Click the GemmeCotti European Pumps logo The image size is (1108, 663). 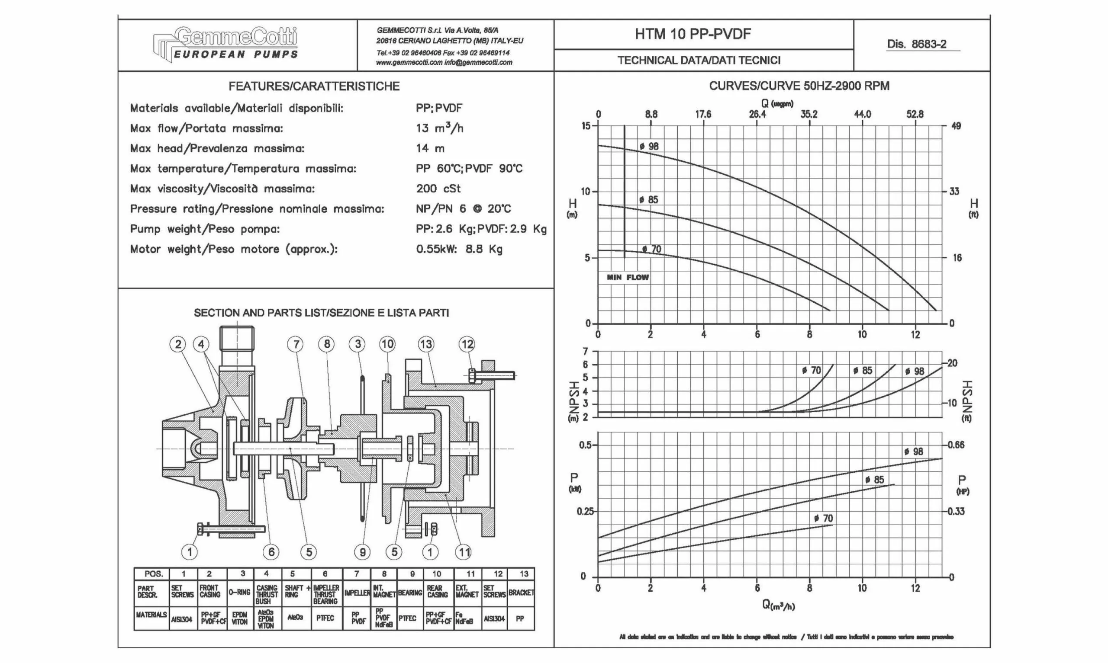(x=226, y=45)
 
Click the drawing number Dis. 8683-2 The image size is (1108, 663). (x=916, y=44)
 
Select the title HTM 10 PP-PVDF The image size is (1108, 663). (x=693, y=34)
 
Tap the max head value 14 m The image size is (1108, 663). (x=430, y=148)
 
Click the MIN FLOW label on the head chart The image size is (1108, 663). (x=628, y=278)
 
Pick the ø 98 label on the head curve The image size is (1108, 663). (x=649, y=147)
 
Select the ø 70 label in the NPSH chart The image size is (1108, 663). (x=811, y=370)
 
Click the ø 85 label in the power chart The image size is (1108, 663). (x=874, y=480)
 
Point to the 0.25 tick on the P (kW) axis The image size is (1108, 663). (x=585, y=511)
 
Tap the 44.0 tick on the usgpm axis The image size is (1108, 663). (x=862, y=114)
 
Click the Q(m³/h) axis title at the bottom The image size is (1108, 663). (x=779, y=605)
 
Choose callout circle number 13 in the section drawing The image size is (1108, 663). (x=426, y=344)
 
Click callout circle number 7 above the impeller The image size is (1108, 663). (x=296, y=344)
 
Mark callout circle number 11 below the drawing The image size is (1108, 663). (x=463, y=553)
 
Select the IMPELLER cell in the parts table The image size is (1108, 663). (x=357, y=593)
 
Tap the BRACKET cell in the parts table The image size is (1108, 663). (x=521, y=593)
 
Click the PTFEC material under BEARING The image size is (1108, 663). (x=407, y=618)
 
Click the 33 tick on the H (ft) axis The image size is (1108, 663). (x=954, y=192)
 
